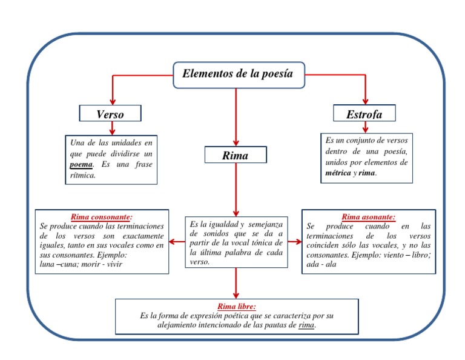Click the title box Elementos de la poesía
click(x=237, y=74)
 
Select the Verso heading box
click(x=110, y=114)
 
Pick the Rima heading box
click(x=235, y=156)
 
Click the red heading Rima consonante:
click(x=102, y=216)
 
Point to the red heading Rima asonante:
click(x=369, y=216)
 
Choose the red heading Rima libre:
click(x=236, y=307)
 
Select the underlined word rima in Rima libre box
click(x=307, y=325)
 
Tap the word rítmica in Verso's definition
click(x=84, y=175)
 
